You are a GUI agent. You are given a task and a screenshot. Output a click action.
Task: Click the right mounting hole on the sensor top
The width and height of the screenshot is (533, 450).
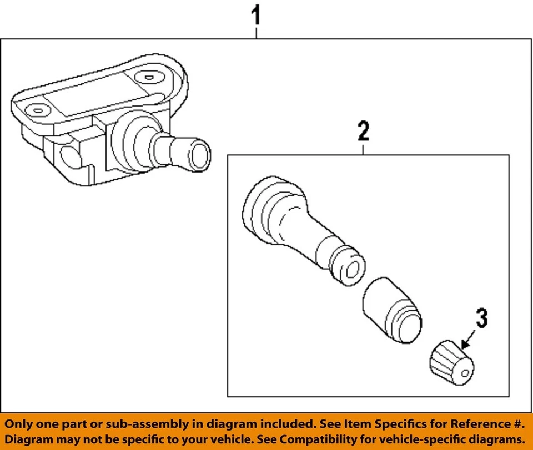(149, 77)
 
